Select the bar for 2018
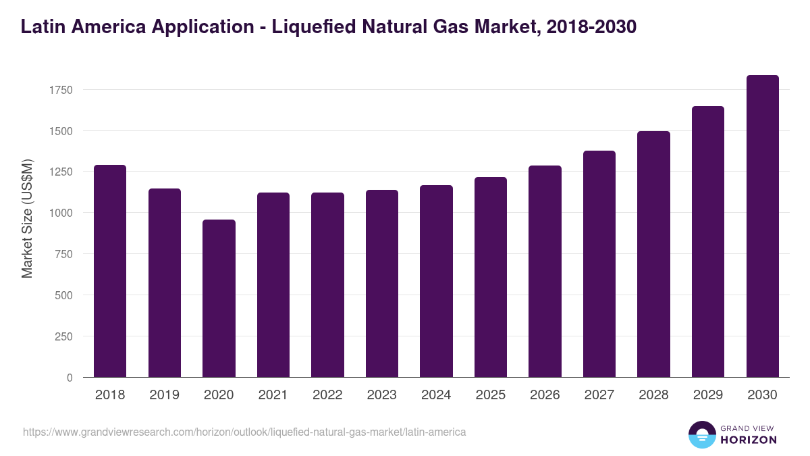point(110,271)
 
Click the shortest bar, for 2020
point(219,298)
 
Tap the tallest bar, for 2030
point(762,226)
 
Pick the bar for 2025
point(491,277)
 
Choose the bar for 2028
point(653,254)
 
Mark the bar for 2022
point(327,284)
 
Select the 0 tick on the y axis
point(70,378)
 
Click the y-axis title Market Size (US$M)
point(27,219)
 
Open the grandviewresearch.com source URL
point(244,432)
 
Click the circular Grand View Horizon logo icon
point(701,434)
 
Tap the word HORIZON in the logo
point(749,440)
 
